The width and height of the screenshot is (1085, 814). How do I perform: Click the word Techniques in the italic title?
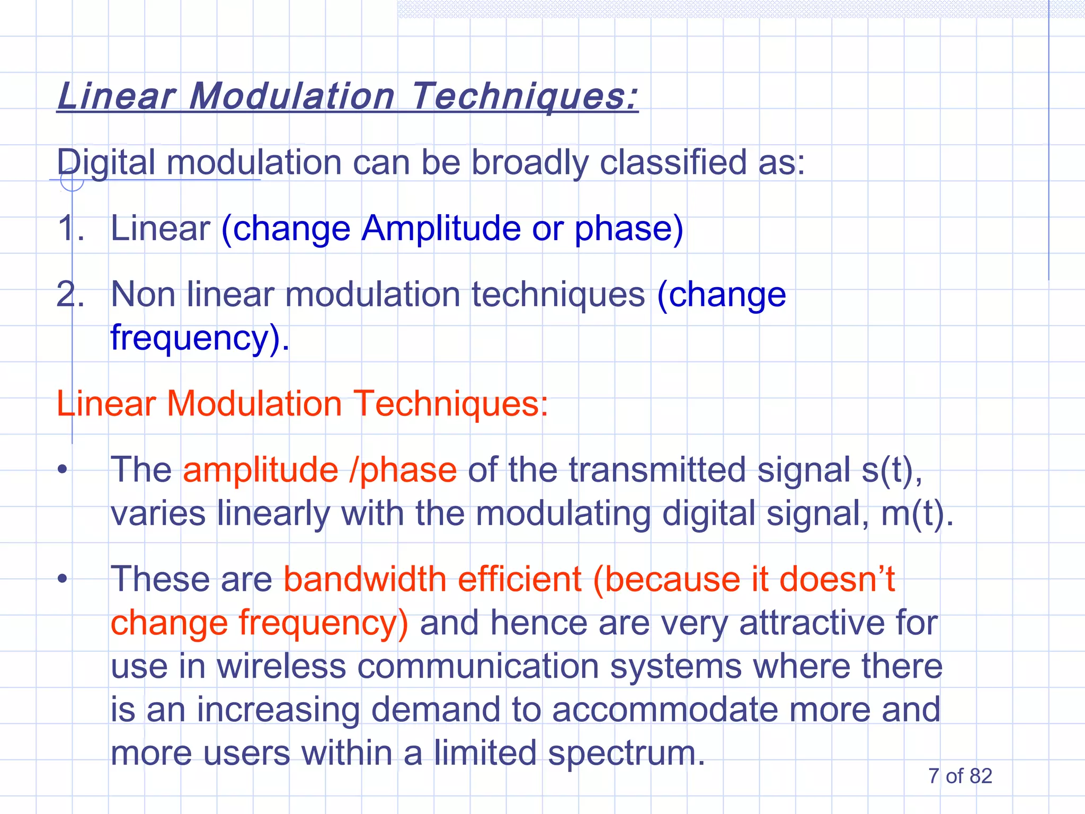pos(524,96)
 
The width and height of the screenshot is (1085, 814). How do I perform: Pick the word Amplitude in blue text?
pos(441,228)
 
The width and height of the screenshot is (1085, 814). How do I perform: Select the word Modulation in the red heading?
pos(254,404)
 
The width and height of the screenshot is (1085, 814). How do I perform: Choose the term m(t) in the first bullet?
pos(917,514)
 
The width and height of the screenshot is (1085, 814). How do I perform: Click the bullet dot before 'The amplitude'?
pos(63,470)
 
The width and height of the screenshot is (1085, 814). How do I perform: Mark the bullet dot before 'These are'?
pos(63,579)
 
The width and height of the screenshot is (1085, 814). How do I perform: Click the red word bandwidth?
pos(365,579)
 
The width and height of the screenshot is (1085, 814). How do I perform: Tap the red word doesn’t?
pos(837,579)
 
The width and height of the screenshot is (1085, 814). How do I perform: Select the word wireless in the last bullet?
pos(281,666)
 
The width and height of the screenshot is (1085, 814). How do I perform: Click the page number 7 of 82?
pos(960,776)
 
